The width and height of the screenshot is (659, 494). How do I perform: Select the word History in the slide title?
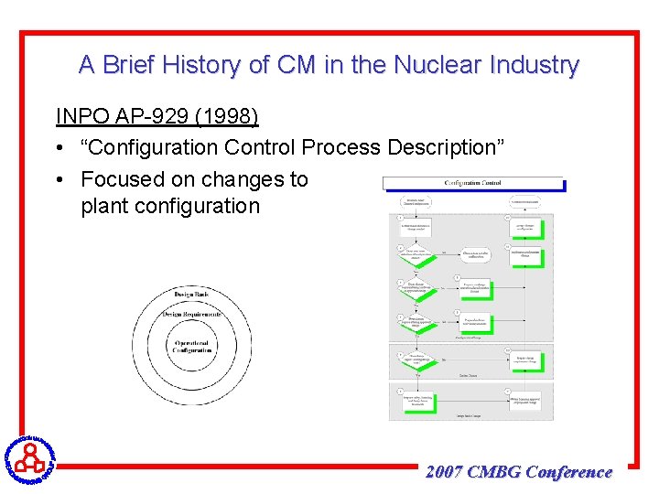pyautogui.click(x=176, y=65)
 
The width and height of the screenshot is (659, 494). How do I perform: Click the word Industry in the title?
pyautogui.click(x=535, y=65)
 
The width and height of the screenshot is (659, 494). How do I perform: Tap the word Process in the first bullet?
pyautogui.click(x=343, y=147)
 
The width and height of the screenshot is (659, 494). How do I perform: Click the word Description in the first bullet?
pyautogui.click(x=446, y=147)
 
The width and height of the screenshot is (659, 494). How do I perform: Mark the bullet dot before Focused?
pyautogui.click(x=60, y=179)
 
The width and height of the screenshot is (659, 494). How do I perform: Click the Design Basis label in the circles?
pyautogui.click(x=191, y=295)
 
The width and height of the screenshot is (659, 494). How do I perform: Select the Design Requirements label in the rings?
pyautogui.click(x=191, y=315)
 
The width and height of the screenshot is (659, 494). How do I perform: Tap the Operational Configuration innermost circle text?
pyautogui.click(x=191, y=347)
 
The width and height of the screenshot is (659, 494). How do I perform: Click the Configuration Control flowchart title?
pyautogui.click(x=472, y=182)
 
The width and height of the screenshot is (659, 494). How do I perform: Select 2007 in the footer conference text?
pyautogui.click(x=444, y=472)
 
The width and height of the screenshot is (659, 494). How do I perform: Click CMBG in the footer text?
pyautogui.click(x=493, y=472)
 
